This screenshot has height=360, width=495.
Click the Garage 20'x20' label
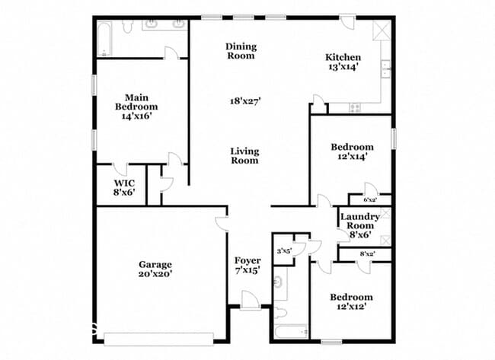(x=155, y=269)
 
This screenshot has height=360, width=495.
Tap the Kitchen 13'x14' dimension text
(x=343, y=67)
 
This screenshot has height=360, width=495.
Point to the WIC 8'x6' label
(x=124, y=187)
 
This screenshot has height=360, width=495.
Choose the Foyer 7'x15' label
(x=247, y=266)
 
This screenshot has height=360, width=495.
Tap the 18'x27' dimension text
(x=245, y=101)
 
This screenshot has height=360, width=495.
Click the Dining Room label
(x=241, y=51)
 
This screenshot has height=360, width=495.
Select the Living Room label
(x=244, y=155)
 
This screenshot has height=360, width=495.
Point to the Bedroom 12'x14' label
(x=352, y=151)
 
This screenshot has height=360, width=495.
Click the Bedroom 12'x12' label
(x=351, y=301)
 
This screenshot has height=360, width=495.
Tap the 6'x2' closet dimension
(x=370, y=199)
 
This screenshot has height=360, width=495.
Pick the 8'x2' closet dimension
(x=368, y=253)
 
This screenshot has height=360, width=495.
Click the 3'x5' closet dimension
(x=284, y=251)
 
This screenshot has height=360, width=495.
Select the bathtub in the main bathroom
(x=104, y=39)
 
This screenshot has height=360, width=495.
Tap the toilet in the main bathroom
(x=127, y=27)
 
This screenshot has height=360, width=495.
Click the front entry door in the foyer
(x=251, y=300)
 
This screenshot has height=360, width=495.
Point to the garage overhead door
(x=159, y=339)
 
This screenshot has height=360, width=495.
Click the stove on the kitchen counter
(x=355, y=108)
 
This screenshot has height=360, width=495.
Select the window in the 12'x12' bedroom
(x=331, y=342)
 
